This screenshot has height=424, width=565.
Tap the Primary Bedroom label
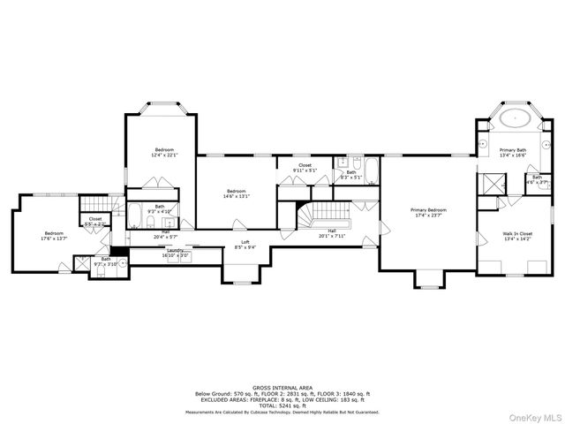point(428,210)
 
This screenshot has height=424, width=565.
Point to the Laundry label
point(175,250)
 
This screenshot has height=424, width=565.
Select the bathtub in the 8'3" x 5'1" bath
point(371,170)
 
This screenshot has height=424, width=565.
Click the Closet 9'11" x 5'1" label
point(305,167)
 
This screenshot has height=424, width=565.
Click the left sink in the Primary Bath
point(484,143)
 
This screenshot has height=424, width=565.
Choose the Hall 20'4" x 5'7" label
point(165,234)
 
